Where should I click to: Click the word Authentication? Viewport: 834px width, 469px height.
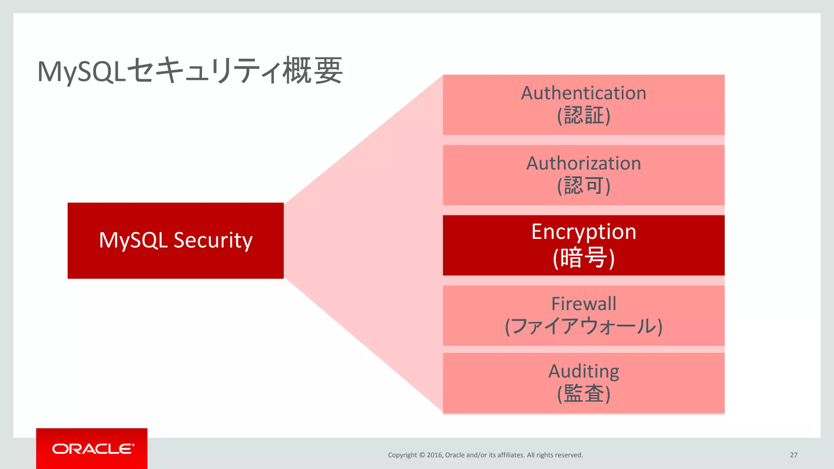[584, 93]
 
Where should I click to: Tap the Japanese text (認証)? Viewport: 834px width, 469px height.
[584, 116]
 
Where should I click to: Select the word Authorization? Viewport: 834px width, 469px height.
[584, 164]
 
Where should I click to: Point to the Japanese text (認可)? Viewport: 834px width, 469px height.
[584, 186]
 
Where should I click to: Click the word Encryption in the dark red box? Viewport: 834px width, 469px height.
[584, 232]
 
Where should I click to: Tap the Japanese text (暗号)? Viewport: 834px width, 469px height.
[584, 258]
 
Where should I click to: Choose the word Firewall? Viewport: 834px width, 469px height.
[584, 304]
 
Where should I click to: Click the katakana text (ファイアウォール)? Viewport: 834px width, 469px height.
[584, 327]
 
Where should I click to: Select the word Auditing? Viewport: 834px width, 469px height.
[584, 371]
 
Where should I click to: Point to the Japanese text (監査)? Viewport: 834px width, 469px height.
[584, 394]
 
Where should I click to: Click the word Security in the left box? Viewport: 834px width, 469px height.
[213, 240]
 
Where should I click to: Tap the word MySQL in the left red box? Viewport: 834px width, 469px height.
[133, 240]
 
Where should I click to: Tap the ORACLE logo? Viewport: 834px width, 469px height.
[92, 449]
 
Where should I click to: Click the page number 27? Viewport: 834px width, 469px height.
[793, 455]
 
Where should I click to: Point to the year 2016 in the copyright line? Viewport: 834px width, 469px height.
[435, 455]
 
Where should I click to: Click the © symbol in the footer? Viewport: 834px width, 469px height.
[422, 455]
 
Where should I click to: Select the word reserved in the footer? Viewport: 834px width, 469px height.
[569, 455]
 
